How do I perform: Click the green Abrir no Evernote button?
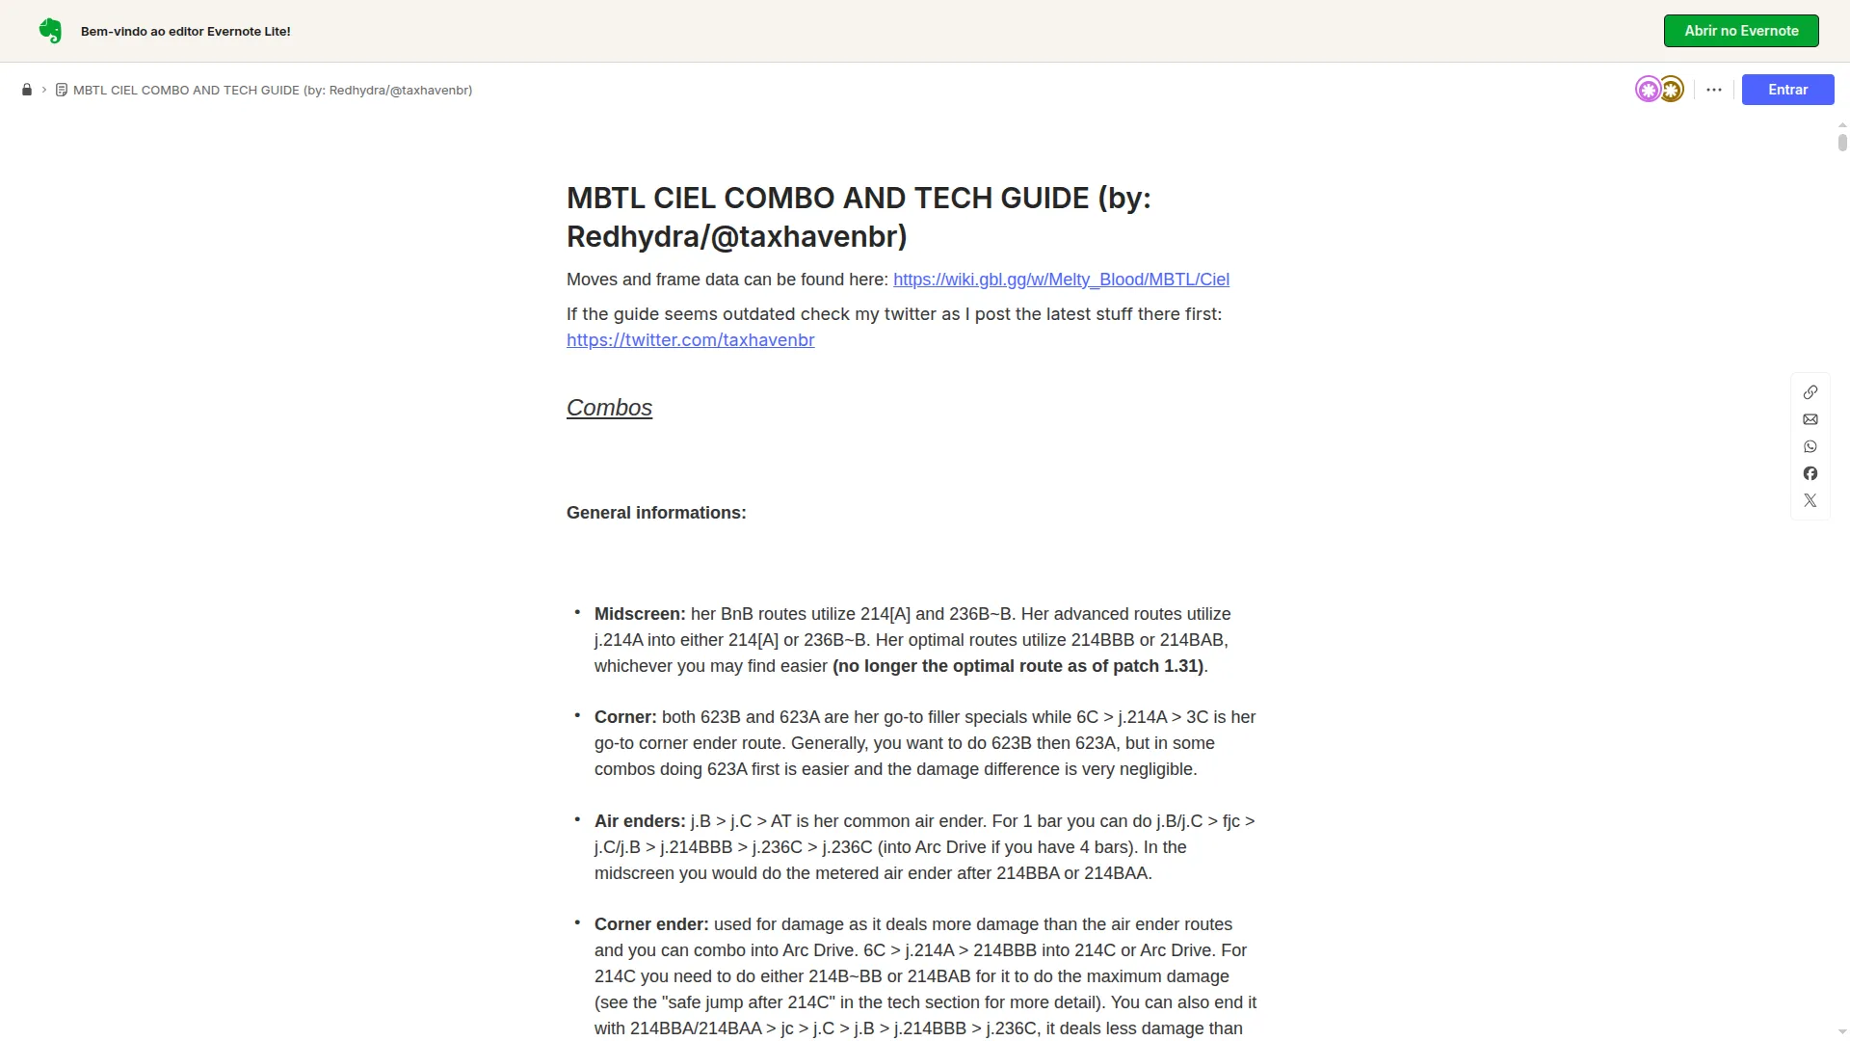coord(1740,31)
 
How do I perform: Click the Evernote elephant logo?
coord(50,31)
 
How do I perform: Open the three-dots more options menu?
coord(1713,90)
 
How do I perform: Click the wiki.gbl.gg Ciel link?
coord(1061,280)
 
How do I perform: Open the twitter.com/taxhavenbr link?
coord(690,340)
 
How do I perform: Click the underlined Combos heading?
coord(609,408)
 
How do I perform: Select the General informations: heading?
coord(655,513)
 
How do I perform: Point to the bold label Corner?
coord(625,717)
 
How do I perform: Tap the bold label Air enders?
coord(640,821)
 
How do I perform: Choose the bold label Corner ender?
coord(651,924)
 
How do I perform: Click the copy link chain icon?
coord(1810,392)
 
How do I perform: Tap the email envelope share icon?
coord(1810,419)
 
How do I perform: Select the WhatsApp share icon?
coord(1810,446)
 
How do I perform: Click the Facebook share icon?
coord(1810,473)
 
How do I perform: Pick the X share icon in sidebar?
coord(1810,500)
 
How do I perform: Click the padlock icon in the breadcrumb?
coord(27,90)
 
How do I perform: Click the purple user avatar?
coord(1648,90)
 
